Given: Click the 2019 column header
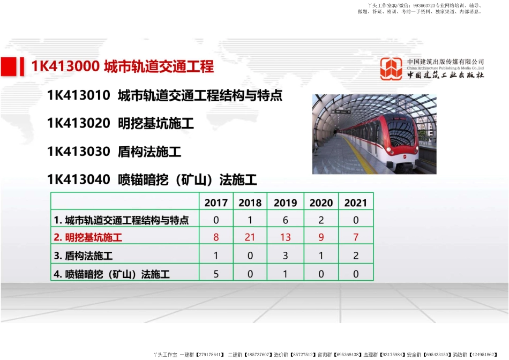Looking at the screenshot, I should tap(285, 203).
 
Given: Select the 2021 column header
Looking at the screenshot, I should tap(356, 203).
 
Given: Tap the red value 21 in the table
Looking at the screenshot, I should tap(250, 237).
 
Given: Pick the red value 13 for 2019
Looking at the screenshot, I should tap(285, 237).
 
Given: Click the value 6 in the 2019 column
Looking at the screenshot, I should tap(285, 220).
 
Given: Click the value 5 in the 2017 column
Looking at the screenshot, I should tap(216, 274).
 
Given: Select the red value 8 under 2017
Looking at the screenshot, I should tap(216, 237).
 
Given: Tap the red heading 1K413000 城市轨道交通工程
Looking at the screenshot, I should tap(123, 66).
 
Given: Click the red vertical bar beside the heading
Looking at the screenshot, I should tap(21, 66).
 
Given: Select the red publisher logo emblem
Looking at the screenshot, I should tap(391, 69).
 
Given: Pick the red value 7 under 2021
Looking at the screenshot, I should tap(356, 237).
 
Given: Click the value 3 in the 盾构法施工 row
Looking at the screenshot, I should tap(285, 256).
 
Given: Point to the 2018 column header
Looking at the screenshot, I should tap(250, 203).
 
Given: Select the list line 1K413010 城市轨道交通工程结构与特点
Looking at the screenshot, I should tap(164, 96).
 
